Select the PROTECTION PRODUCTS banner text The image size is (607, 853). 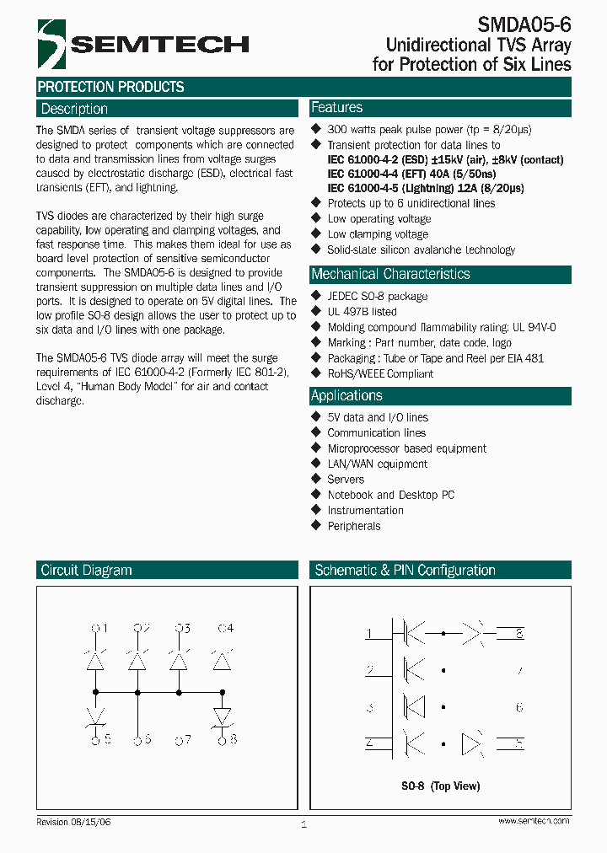point(110,87)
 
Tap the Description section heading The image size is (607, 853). point(74,109)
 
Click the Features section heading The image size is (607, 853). point(336,108)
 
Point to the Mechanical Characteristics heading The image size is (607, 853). point(390,274)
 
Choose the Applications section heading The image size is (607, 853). point(346,395)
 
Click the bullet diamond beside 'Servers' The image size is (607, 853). point(316,479)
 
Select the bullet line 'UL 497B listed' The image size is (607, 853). point(362,312)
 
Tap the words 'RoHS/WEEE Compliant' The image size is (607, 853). point(380,373)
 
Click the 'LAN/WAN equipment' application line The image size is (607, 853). point(377,464)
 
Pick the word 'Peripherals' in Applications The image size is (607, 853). point(354,526)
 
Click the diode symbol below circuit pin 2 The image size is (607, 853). point(137,663)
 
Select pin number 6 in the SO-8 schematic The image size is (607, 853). point(519,708)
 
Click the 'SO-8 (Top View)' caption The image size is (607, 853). point(440,786)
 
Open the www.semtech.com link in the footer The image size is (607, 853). point(533,821)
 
